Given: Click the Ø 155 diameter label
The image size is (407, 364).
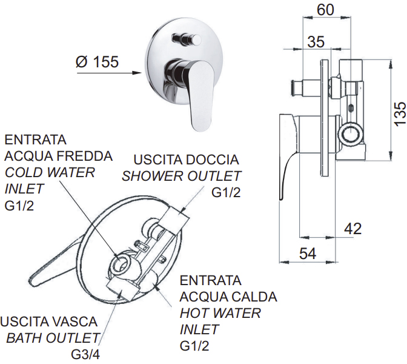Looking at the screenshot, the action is tap(97, 62).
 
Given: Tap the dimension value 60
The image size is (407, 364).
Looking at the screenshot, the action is tap(325, 10).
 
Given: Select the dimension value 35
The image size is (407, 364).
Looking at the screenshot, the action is tap(316, 42).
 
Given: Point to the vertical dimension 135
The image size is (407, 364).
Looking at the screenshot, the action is tap(400, 113).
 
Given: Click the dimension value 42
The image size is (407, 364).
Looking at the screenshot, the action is tap(352, 229).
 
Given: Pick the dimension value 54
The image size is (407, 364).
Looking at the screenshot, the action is tap(308, 254).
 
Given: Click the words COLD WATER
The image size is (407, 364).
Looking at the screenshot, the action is tap(50, 173).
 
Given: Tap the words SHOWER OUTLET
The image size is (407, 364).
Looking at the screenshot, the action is tap(182, 177).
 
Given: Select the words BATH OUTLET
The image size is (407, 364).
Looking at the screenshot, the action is tap(53, 338).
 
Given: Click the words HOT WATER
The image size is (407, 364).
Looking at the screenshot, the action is tap(220, 313).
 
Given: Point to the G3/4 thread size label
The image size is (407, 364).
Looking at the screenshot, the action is tap(85, 355).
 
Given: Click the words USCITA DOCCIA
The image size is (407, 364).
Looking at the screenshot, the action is tap(186, 160).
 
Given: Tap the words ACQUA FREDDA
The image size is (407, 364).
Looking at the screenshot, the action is tap(58, 156).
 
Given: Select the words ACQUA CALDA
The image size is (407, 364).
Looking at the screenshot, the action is tap(228, 297).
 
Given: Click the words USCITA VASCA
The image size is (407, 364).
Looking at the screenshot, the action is tap(49, 322).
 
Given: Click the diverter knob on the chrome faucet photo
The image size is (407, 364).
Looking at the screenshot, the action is tap(187, 39).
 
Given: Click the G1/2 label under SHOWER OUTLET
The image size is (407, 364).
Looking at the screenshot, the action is tap(226, 193).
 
